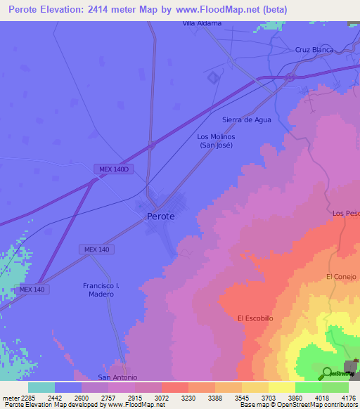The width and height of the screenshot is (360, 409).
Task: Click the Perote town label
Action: [161, 217]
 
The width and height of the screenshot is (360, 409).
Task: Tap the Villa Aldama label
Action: [202, 23]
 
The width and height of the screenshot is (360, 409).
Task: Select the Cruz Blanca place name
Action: [314, 50]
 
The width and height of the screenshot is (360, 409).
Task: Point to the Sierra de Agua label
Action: [247, 119]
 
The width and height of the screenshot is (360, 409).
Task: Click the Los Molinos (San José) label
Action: [216, 141]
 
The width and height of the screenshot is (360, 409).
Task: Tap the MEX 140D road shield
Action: [112, 169]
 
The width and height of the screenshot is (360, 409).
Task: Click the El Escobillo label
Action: [254, 318]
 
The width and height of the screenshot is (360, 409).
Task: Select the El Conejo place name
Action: [342, 277]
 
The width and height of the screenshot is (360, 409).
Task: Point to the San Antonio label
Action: [113, 377]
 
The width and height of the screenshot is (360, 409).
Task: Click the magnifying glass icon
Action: [327, 372]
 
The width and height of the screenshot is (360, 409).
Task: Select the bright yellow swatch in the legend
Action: [281, 387]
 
